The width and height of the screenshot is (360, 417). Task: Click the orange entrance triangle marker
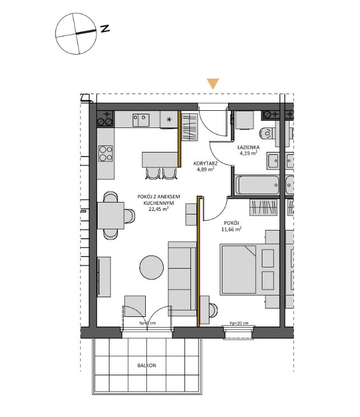point(213,84)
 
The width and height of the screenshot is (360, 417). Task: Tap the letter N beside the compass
point(105,28)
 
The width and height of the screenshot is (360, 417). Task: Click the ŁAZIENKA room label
point(246,147)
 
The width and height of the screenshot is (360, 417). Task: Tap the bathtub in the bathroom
point(257,185)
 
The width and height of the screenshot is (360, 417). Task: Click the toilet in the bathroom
point(267,132)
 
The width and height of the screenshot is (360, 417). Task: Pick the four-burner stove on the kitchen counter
point(106,154)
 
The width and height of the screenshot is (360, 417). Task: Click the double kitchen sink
point(142,121)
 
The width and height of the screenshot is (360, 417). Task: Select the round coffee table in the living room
point(152,267)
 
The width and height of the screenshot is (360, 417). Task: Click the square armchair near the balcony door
point(134,306)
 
